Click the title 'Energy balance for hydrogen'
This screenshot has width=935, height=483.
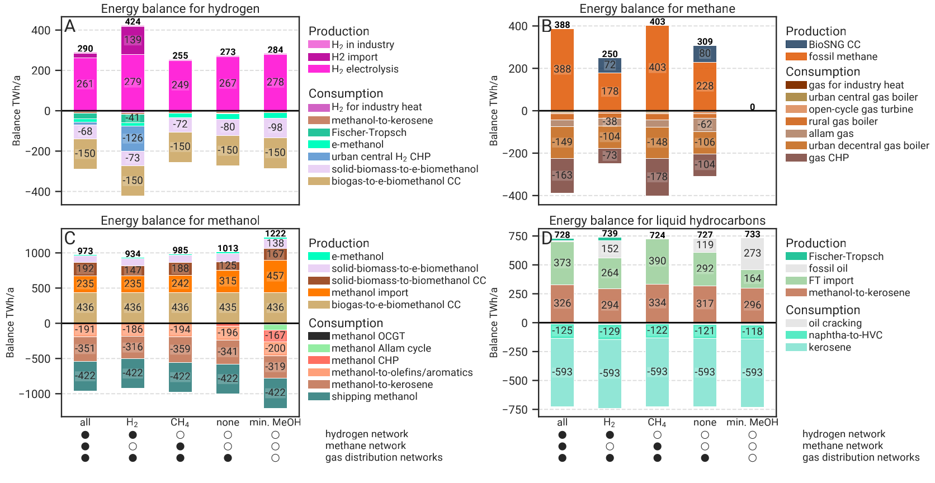pos(180,9)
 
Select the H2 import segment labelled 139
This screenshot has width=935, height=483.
pos(133,40)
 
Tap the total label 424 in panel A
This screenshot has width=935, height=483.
pos(133,22)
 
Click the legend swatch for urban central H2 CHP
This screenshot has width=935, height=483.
pos(319,157)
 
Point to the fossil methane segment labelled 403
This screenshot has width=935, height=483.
pos(657,68)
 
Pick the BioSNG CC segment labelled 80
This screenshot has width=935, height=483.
pos(705,54)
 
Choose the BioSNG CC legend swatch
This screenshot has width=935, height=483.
pos(796,45)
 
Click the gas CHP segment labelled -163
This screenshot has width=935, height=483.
pos(562,176)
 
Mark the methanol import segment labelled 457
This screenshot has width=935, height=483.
pos(275,276)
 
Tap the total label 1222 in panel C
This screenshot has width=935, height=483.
pos(275,234)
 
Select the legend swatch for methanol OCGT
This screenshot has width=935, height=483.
pos(319,337)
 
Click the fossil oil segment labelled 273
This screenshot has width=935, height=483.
pos(752,253)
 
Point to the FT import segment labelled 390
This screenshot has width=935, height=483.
pos(657,261)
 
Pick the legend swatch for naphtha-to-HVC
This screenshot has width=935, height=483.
pos(796,335)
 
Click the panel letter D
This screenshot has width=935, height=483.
pos(546,239)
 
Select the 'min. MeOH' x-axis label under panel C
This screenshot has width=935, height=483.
pos(275,423)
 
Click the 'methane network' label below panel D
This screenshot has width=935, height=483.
pos(842,446)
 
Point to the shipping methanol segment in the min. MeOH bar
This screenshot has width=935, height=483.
pos(275,393)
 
